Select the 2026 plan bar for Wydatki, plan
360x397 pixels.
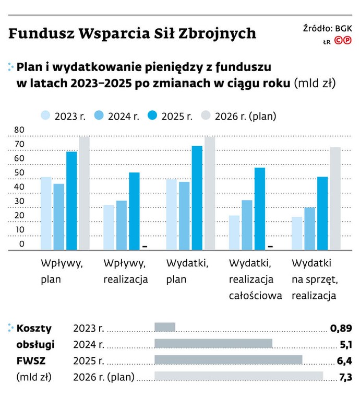pyautogui.click(x=209, y=193)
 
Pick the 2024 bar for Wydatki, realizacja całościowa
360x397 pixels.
pyautogui.click(x=247, y=225)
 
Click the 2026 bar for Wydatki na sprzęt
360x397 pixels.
pyautogui.click(x=335, y=198)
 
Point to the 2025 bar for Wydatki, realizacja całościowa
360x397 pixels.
pyautogui.click(x=259, y=208)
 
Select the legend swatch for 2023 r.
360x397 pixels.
pyautogui.click(x=45, y=116)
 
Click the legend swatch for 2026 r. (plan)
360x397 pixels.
pyautogui.click(x=206, y=116)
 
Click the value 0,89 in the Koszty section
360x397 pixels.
pyautogui.click(x=341, y=328)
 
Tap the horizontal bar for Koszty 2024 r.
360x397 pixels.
pyautogui.click(x=213, y=344)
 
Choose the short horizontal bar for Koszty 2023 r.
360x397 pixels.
pyautogui.click(x=165, y=328)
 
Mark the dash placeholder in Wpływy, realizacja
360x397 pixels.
pyautogui.click(x=146, y=246)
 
